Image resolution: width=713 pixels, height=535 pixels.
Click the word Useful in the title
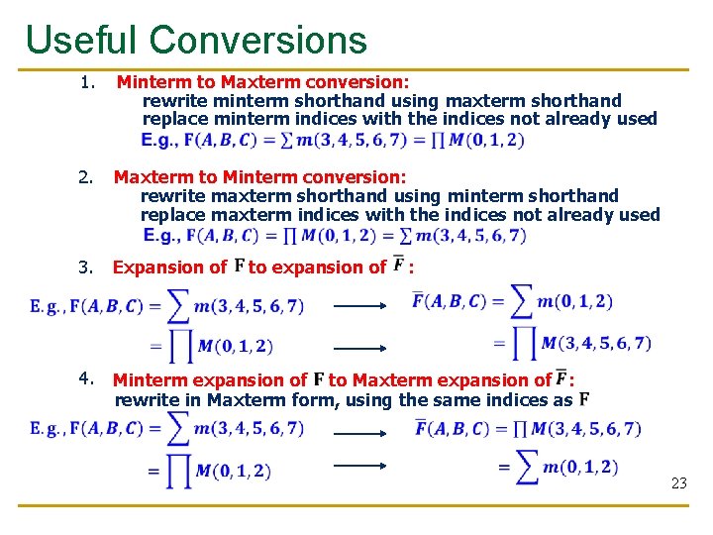click(80, 40)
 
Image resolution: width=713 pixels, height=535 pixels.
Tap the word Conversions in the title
click(258, 40)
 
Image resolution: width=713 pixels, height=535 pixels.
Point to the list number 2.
click(86, 177)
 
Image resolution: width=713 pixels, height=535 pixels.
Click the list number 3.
click(86, 267)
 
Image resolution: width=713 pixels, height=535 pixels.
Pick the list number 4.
click(86, 378)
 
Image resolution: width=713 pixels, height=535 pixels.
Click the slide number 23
click(678, 483)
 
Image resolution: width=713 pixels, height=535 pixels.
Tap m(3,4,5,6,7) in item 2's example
click(470, 236)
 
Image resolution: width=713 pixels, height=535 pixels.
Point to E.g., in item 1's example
click(160, 141)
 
